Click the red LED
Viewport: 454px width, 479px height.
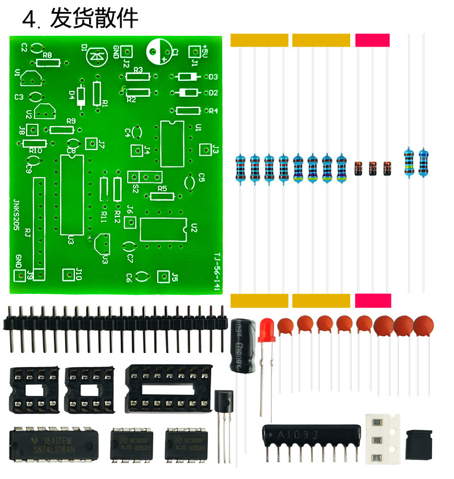point(266,331)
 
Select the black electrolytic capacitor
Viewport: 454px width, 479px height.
point(241,344)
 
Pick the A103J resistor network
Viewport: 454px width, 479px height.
point(312,435)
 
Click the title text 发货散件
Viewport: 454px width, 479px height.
point(94,19)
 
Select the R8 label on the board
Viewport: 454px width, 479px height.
point(48,55)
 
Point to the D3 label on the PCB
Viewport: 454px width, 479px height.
point(213,77)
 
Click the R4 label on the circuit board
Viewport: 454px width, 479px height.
point(213,111)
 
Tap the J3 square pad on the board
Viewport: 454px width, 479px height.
point(205,151)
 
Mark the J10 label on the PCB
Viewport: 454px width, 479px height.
point(79,274)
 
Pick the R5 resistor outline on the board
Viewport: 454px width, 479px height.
point(162,197)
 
